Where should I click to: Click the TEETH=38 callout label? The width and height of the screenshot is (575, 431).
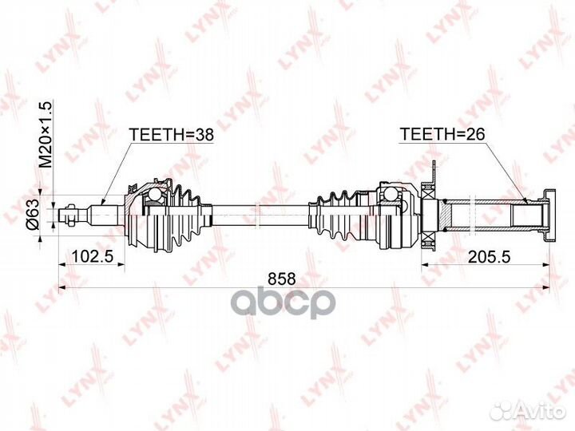pyautogui.click(x=172, y=135)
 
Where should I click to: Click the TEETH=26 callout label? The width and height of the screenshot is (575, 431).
pyautogui.click(x=442, y=134)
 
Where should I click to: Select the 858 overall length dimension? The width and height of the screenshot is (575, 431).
pyautogui.click(x=282, y=279)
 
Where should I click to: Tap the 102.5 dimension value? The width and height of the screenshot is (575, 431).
pyautogui.click(x=92, y=256)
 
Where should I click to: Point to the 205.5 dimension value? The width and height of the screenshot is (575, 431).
pyautogui.click(x=490, y=256)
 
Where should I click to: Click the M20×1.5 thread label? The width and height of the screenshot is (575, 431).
pyautogui.click(x=46, y=134)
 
